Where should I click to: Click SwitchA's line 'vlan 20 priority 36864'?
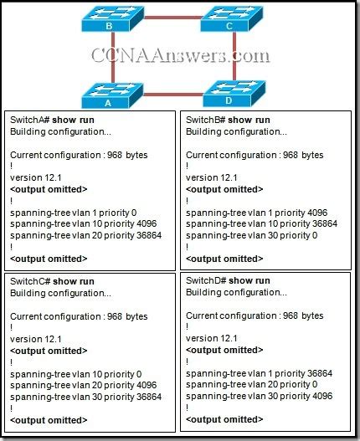(x=85, y=235)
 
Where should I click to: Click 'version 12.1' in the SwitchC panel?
(x=35, y=338)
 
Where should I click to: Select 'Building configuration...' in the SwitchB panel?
(x=228, y=132)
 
